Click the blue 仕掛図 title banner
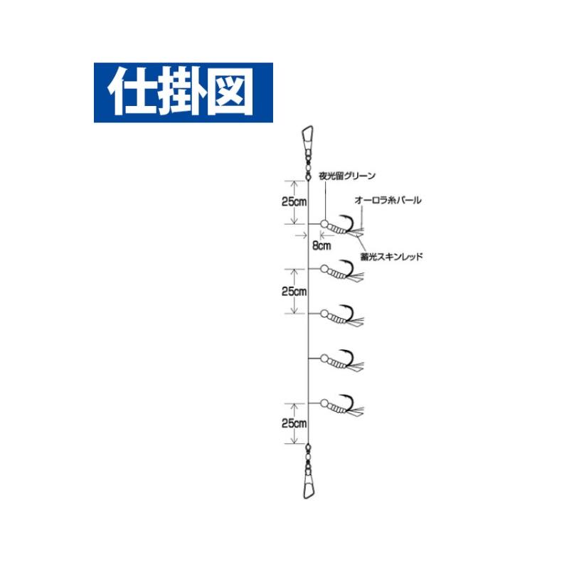tap(184, 92)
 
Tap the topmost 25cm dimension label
tap(294, 202)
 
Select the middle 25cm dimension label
tap(294, 291)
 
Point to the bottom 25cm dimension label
tap(294, 423)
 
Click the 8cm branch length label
tap(322, 245)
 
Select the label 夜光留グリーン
tap(347, 176)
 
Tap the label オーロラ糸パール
tap(388, 200)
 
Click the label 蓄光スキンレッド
tap(392, 257)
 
